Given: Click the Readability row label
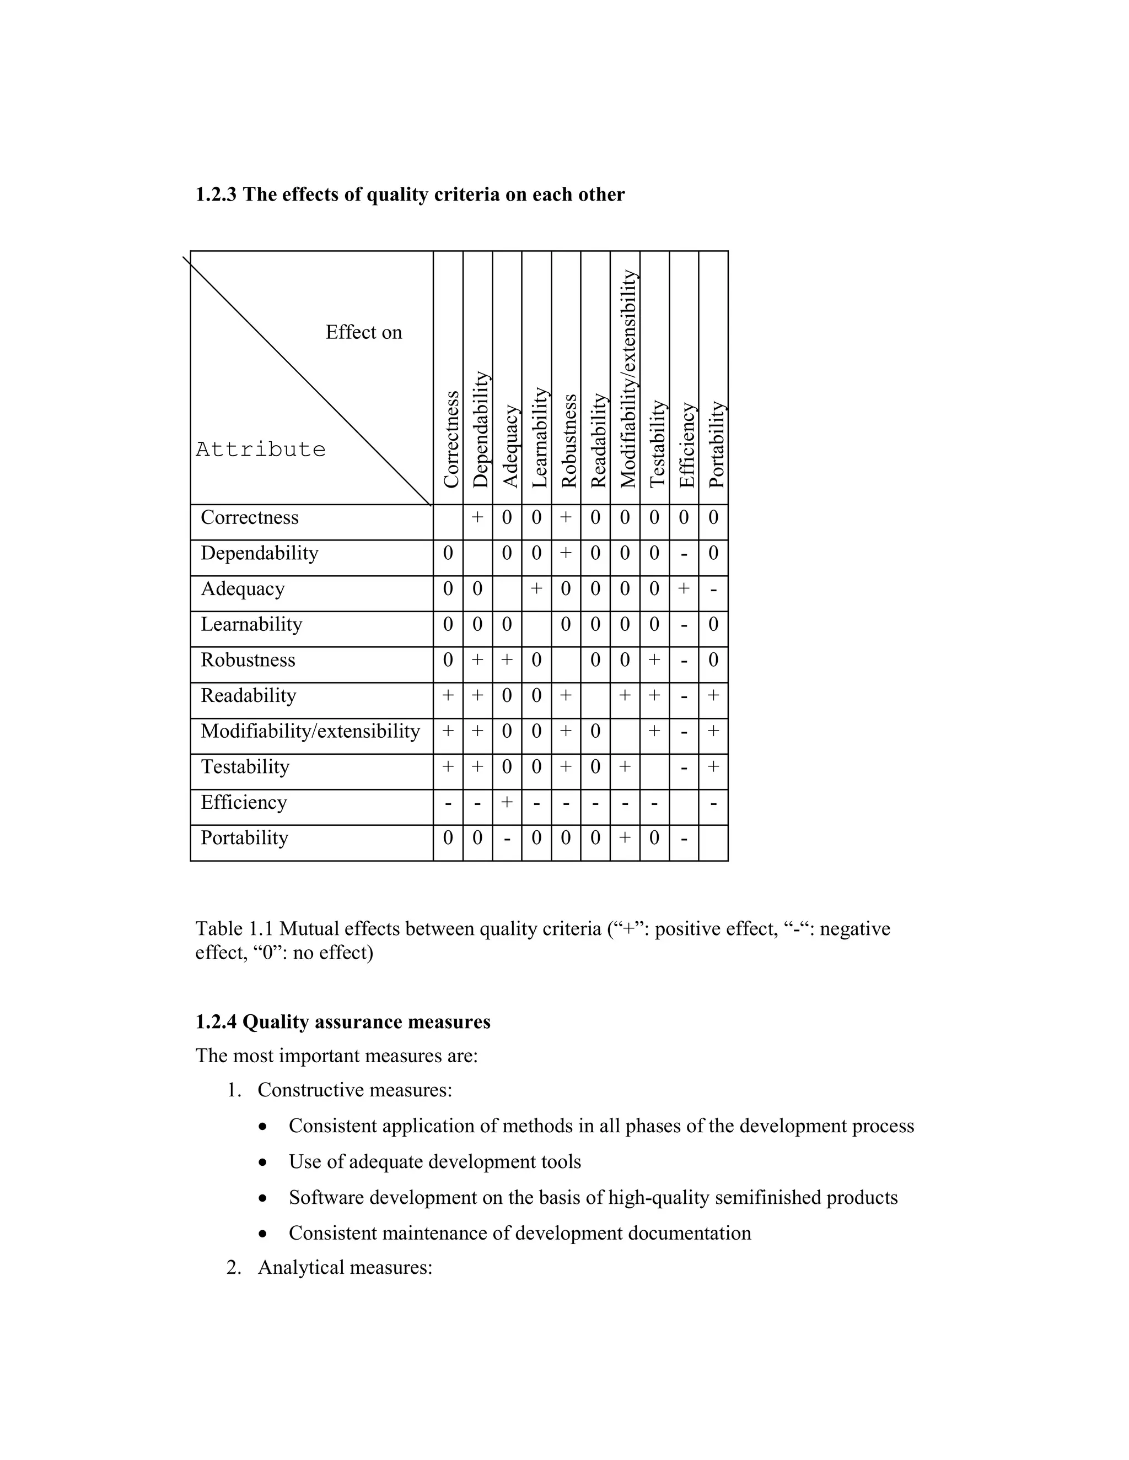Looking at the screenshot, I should pyautogui.click(x=248, y=696).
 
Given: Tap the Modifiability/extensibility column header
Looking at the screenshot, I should pyautogui.click(x=627, y=378).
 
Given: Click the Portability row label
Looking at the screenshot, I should pyautogui.click(x=244, y=839).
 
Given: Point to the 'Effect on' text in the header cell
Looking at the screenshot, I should pyautogui.click(x=363, y=332).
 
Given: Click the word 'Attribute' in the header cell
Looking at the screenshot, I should pyautogui.click(x=260, y=449).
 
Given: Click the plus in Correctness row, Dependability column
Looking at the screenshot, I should pyautogui.click(x=477, y=517).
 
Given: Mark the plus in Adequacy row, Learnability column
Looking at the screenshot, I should pyautogui.click(x=536, y=588).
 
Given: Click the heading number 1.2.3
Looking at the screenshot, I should pyautogui.click(x=216, y=194).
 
